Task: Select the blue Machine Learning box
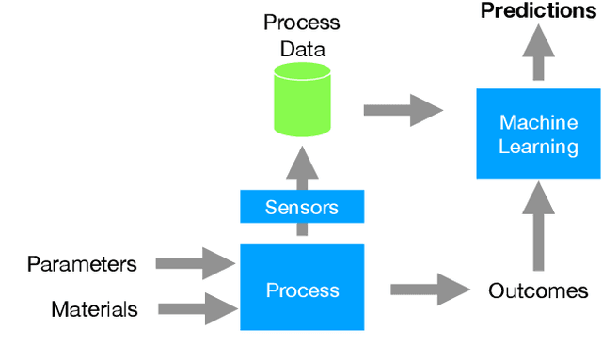click(538, 134)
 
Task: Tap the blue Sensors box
click(301, 206)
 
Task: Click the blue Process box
click(301, 290)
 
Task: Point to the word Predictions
click(538, 11)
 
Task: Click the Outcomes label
click(538, 290)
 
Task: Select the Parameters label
click(82, 264)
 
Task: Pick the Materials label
click(94, 308)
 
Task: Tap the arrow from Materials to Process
click(196, 306)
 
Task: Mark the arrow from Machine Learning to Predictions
click(538, 54)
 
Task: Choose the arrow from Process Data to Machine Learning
click(402, 110)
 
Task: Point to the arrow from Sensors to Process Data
click(301, 168)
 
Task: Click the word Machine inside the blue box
click(538, 123)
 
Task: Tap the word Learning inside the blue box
click(538, 147)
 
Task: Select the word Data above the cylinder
click(301, 47)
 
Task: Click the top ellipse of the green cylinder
click(301, 72)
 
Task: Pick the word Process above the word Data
click(301, 22)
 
